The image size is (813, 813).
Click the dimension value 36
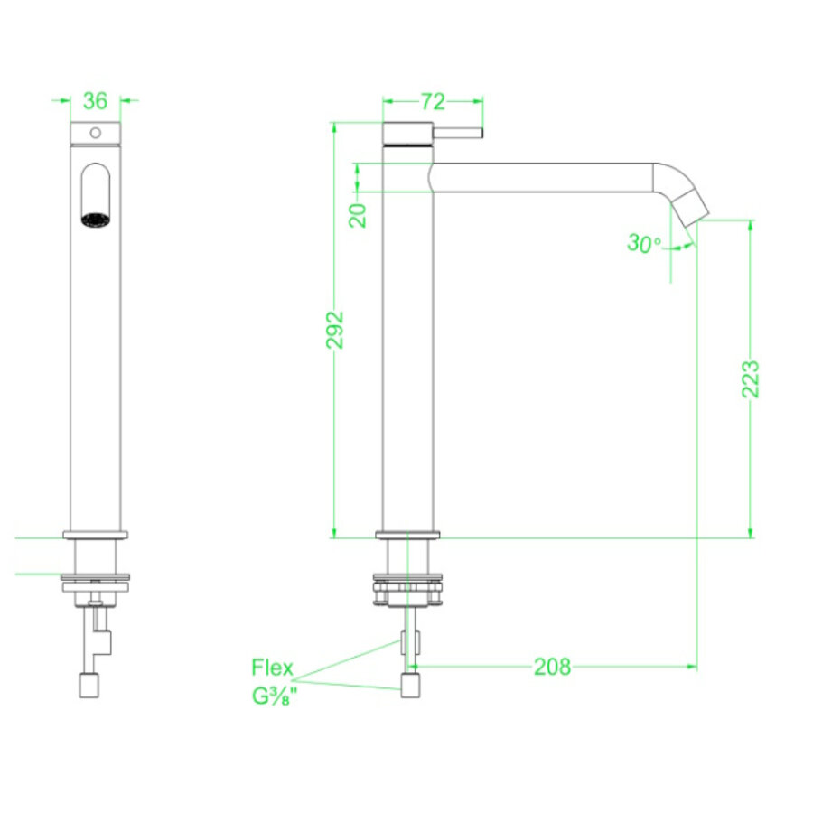95,99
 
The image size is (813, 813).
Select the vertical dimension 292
335,331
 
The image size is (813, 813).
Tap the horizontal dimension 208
552,668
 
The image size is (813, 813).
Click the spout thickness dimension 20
359,215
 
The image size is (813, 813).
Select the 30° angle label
643,243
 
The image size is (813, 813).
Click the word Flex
272,668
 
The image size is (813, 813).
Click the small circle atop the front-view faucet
94,133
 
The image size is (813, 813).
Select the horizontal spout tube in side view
542,177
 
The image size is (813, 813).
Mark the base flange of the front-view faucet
96,535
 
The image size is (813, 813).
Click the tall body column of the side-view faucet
409,361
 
